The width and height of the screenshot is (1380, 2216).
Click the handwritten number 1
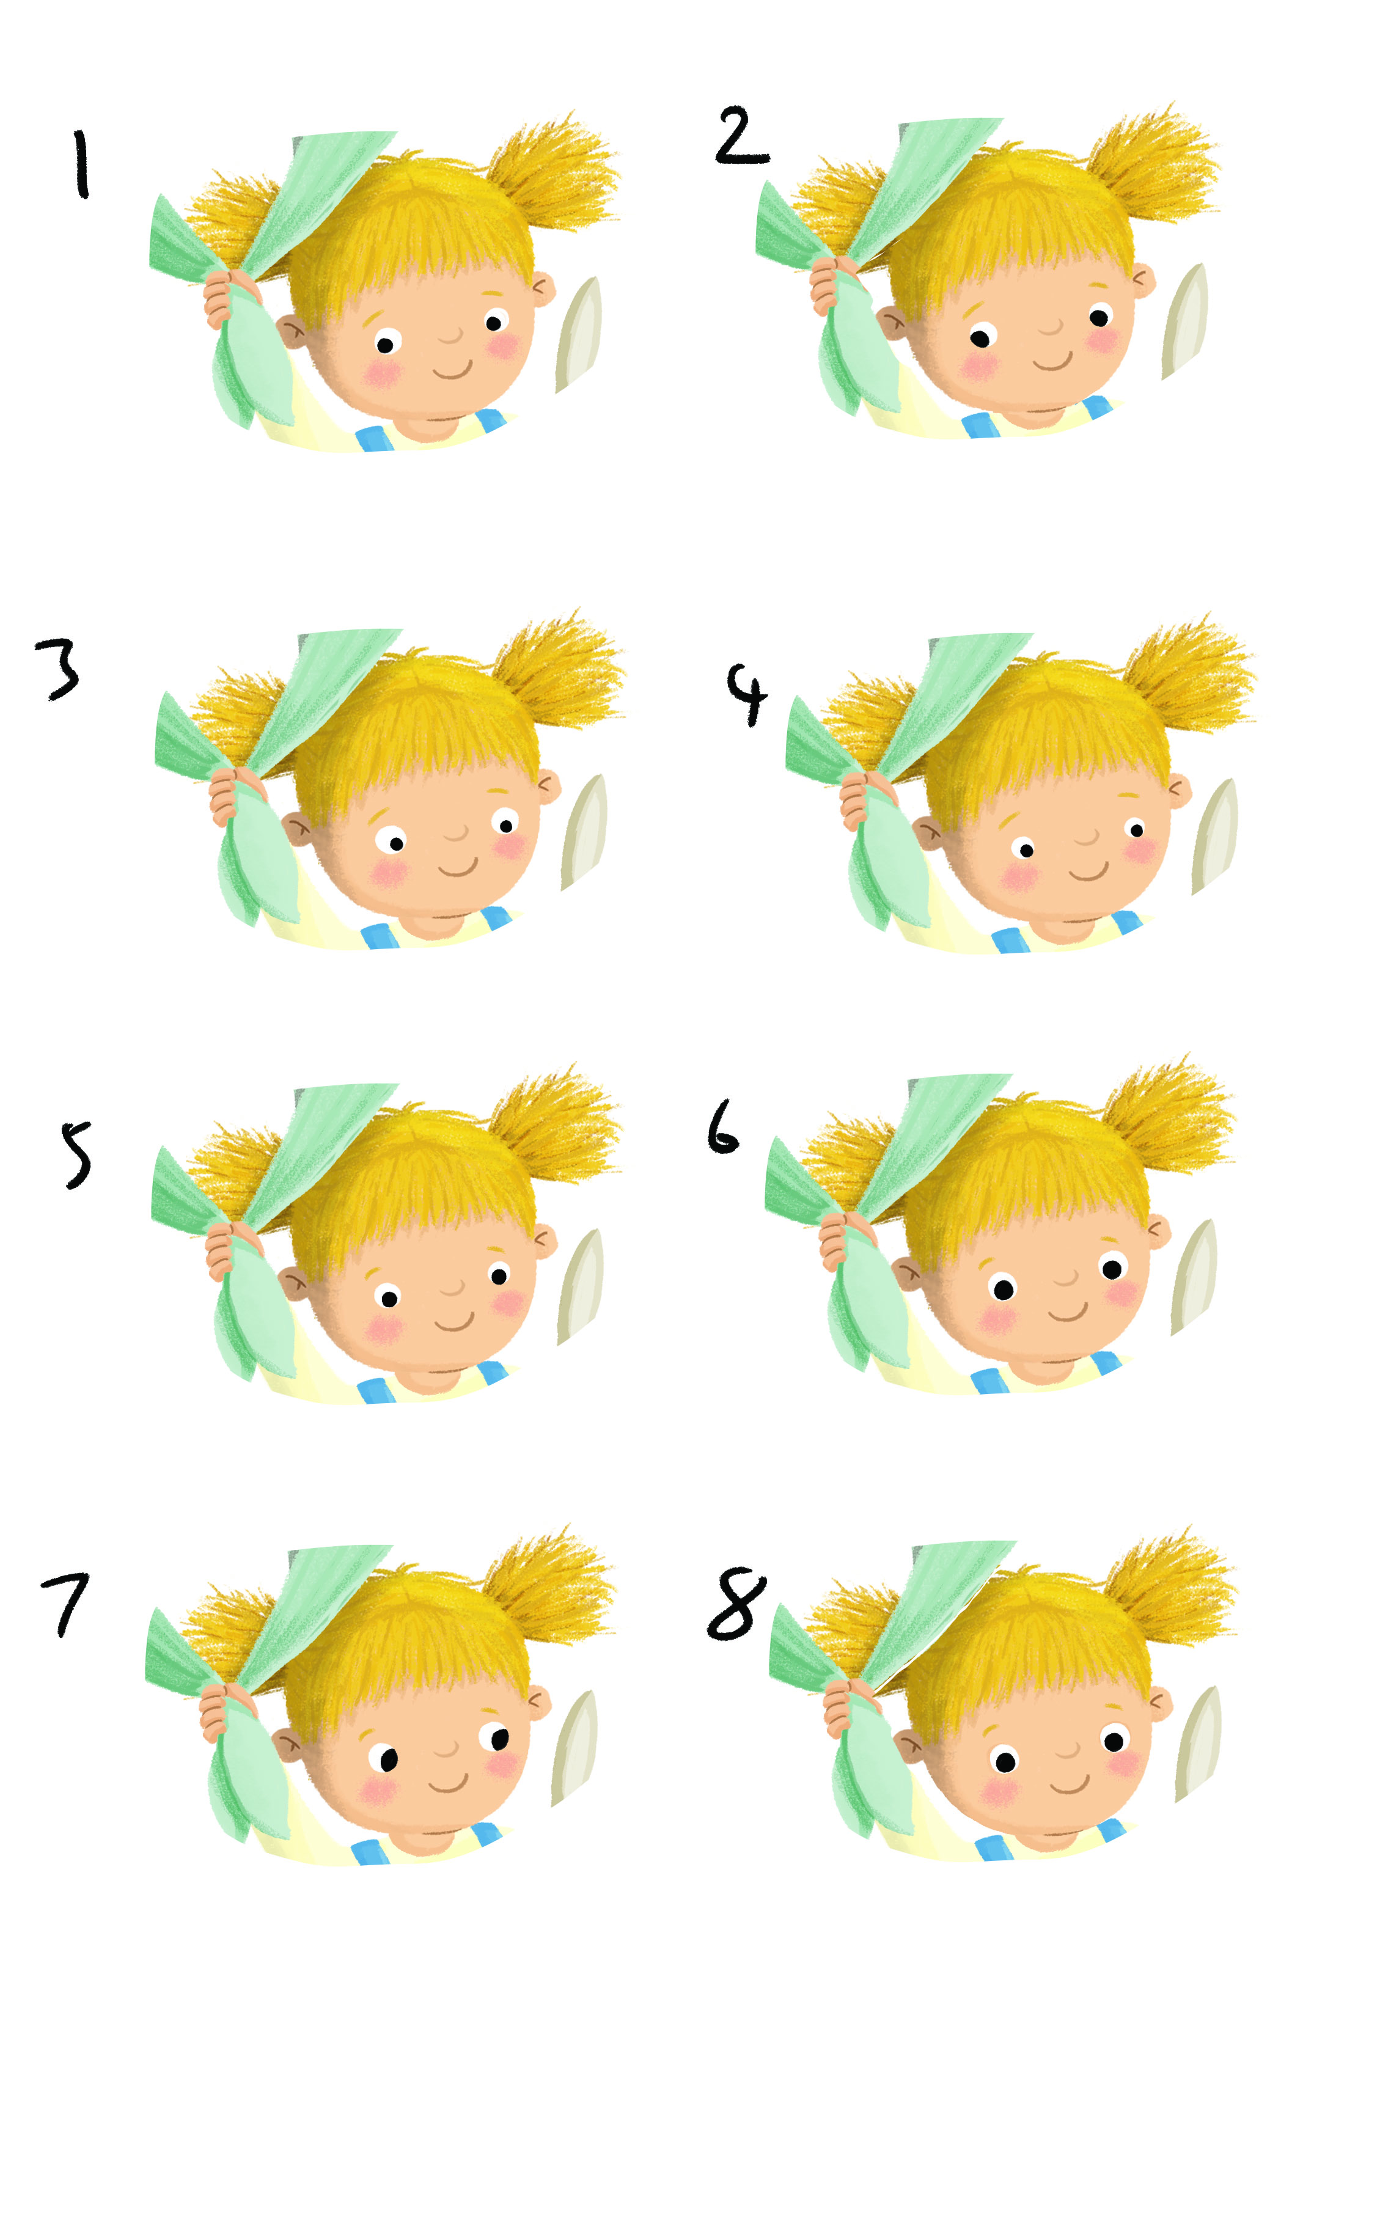(81, 164)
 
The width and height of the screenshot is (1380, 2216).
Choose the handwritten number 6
(723, 1126)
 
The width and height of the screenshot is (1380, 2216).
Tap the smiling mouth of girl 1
(452, 370)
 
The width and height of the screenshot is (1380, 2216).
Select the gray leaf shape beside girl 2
(1184, 321)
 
